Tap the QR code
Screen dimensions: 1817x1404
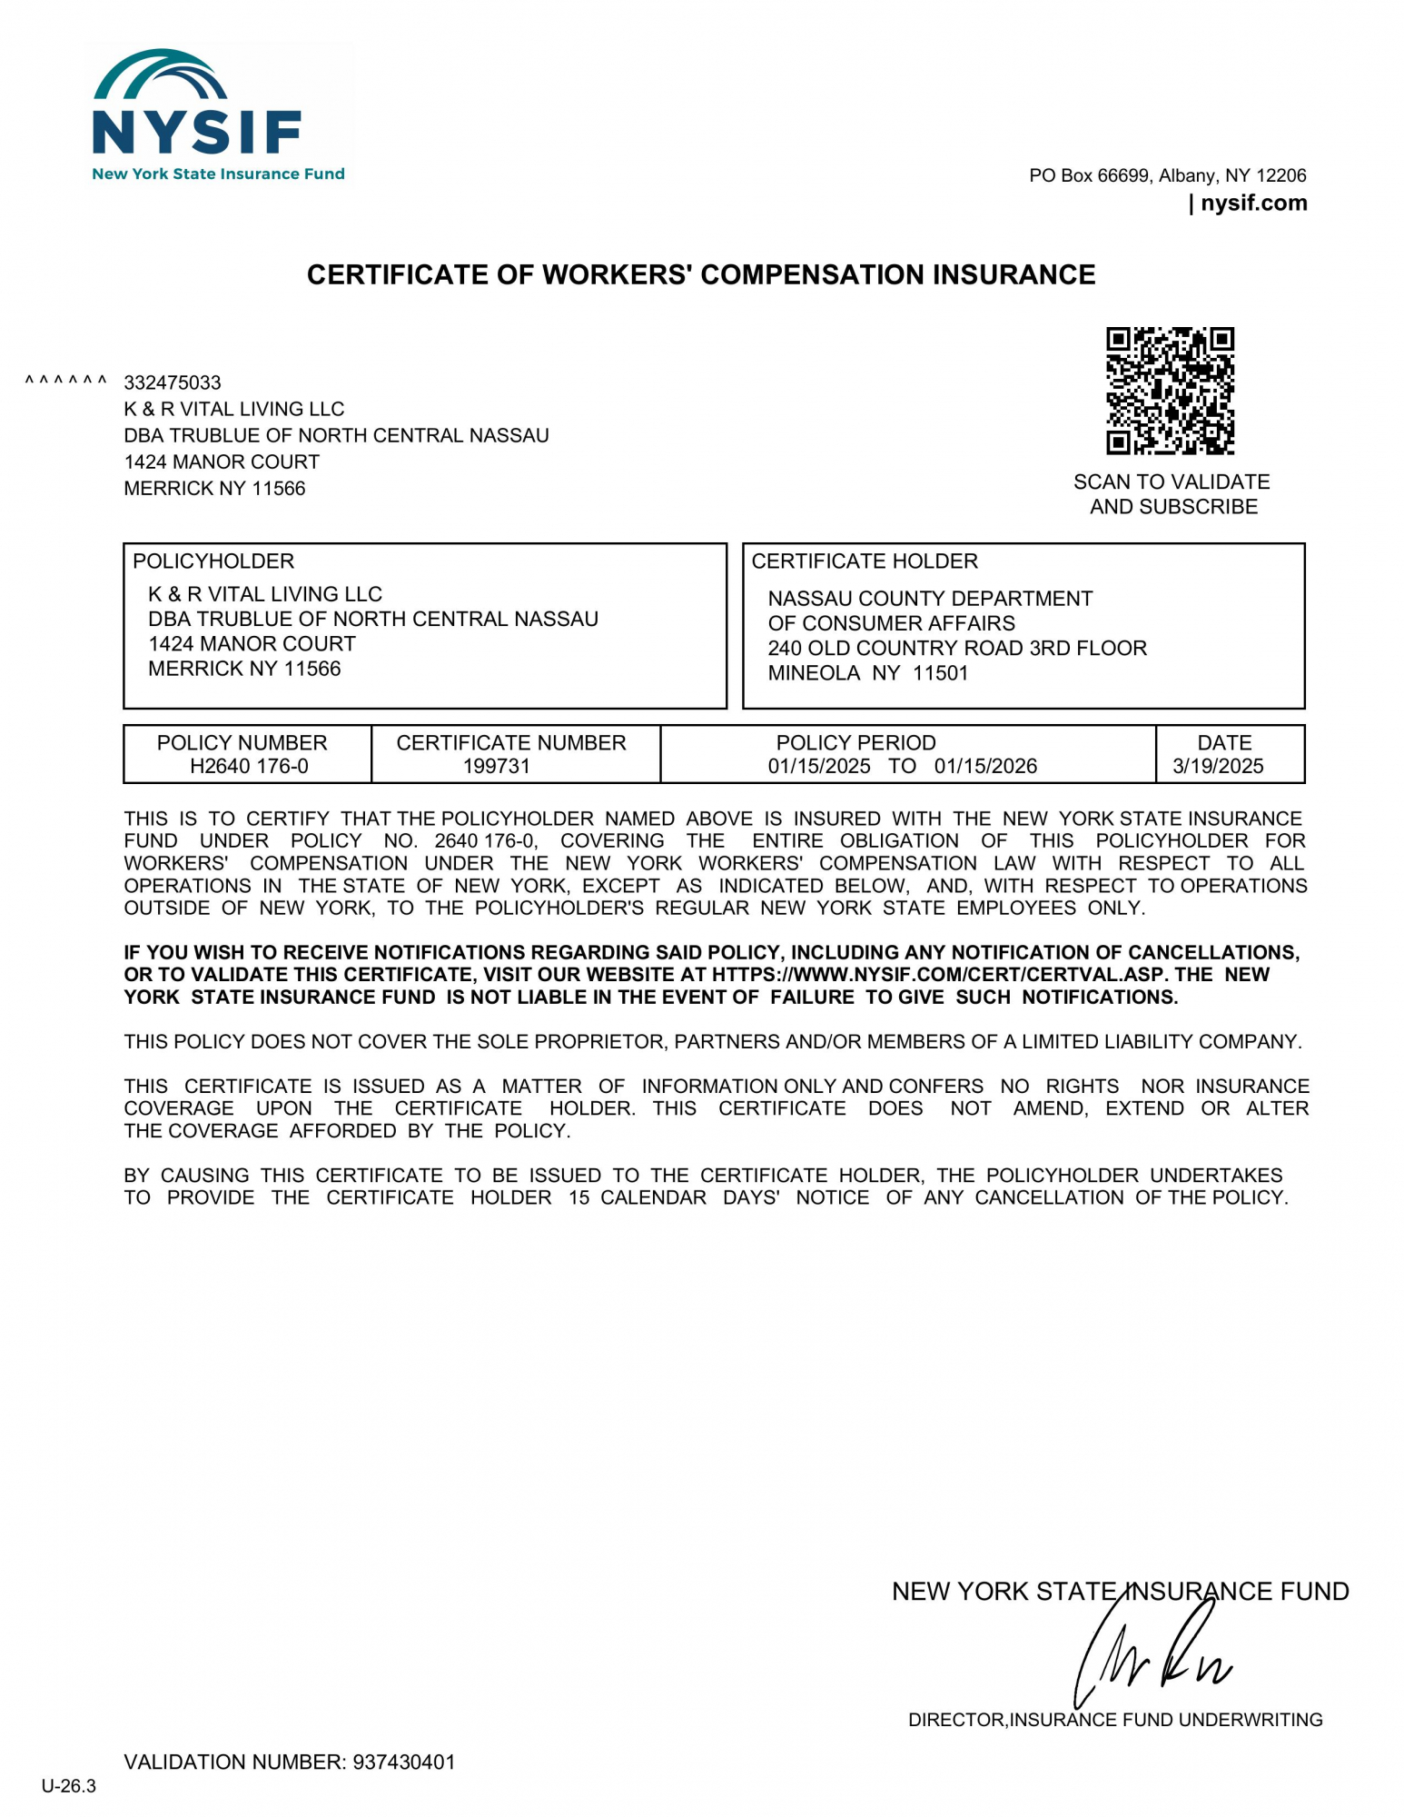(1170, 391)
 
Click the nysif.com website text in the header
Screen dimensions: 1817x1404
(1253, 203)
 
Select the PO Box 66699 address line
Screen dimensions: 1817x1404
(1167, 175)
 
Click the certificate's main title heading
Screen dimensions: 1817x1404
(701, 274)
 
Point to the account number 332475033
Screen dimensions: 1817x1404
(173, 382)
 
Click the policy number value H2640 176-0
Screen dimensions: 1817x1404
(249, 766)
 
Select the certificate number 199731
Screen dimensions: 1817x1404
(496, 766)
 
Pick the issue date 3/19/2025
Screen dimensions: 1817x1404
(1218, 766)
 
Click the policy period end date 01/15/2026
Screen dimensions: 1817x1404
(985, 766)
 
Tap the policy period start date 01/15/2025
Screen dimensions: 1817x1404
(819, 766)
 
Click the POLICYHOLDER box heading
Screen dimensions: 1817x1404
(213, 561)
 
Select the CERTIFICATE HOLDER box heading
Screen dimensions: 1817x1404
(865, 561)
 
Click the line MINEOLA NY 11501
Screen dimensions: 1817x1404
(868, 673)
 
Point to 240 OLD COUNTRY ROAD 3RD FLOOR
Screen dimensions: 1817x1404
(957, 648)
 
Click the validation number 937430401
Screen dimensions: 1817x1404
(404, 1762)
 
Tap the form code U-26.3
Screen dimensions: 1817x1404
(69, 1786)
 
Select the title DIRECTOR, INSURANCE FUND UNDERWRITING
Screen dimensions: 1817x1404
(1115, 1720)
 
